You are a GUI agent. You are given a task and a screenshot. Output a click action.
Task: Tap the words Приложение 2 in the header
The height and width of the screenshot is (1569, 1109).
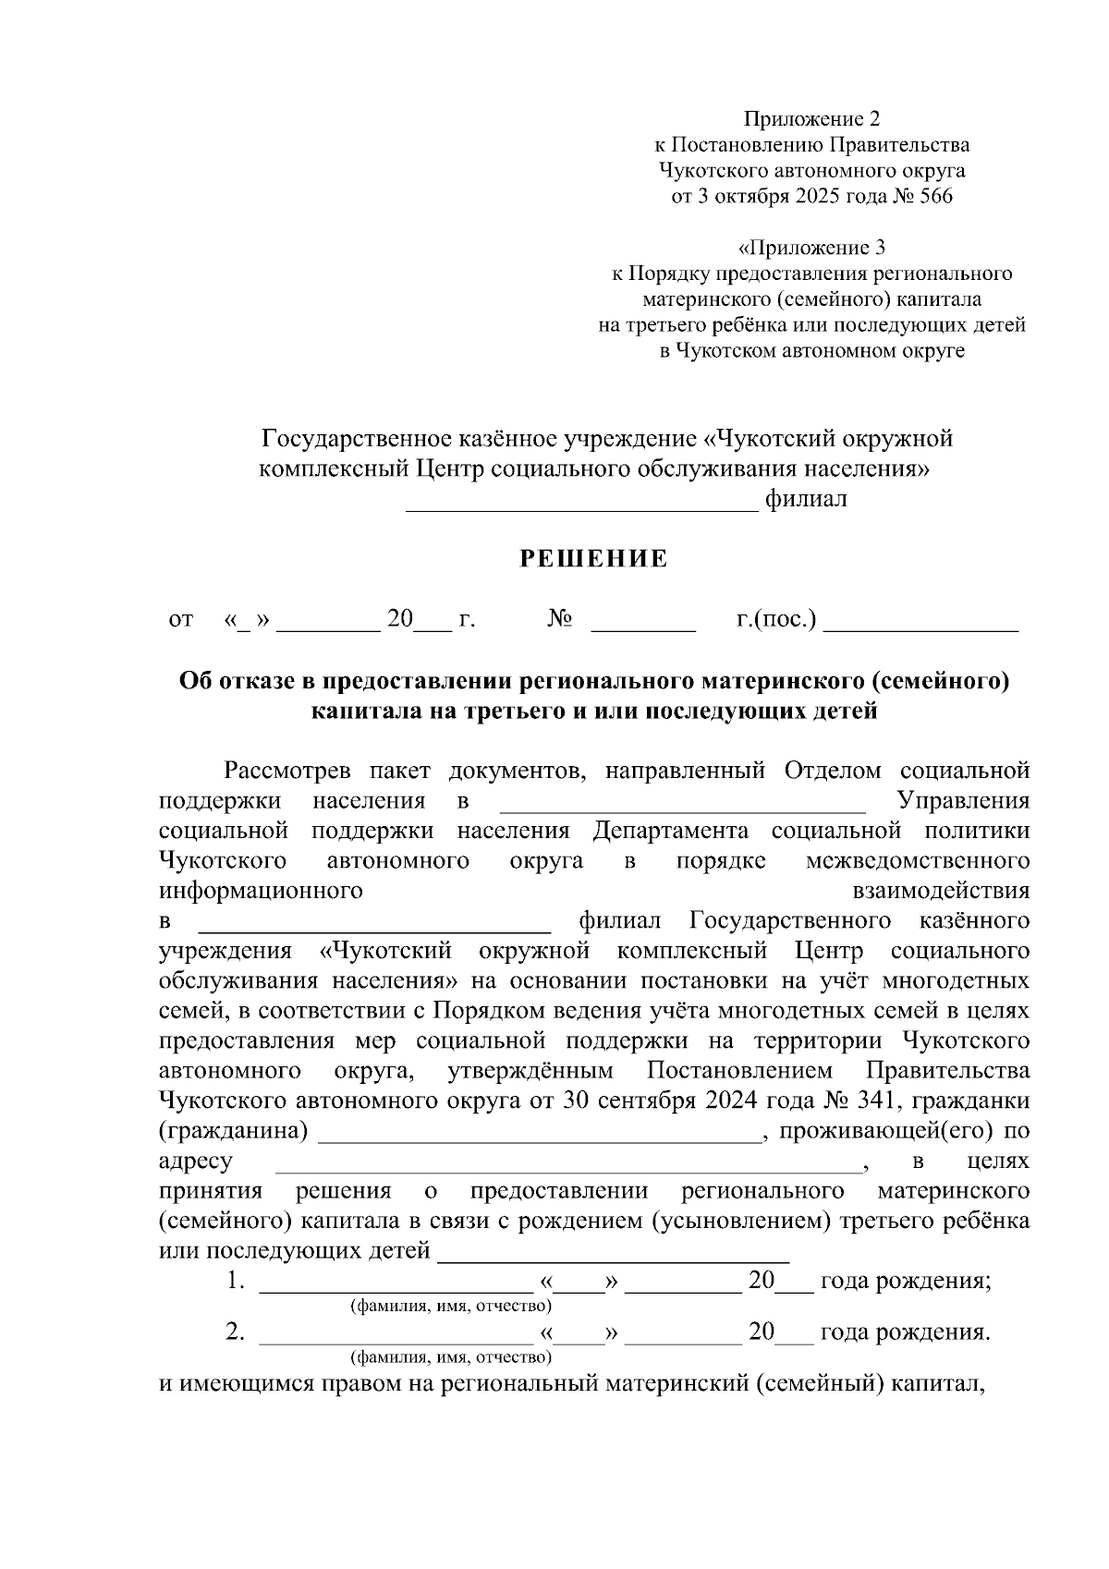click(812, 118)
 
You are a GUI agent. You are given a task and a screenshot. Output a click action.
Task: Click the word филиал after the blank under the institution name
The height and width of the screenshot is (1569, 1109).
click(806, 500)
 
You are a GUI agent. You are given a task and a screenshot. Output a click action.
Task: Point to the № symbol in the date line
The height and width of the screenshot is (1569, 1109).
click(560, 619)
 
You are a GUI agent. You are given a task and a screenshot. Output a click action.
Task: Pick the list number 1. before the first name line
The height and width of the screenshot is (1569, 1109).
click(236, 1282)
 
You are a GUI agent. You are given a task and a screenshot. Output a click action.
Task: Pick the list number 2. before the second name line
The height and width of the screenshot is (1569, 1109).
click(236, 1332)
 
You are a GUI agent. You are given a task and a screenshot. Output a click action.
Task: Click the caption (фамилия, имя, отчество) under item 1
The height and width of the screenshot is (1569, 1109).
click(450, 1306)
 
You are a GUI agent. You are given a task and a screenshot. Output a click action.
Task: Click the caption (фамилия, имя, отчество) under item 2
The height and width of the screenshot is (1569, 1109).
click(450, 1356)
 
